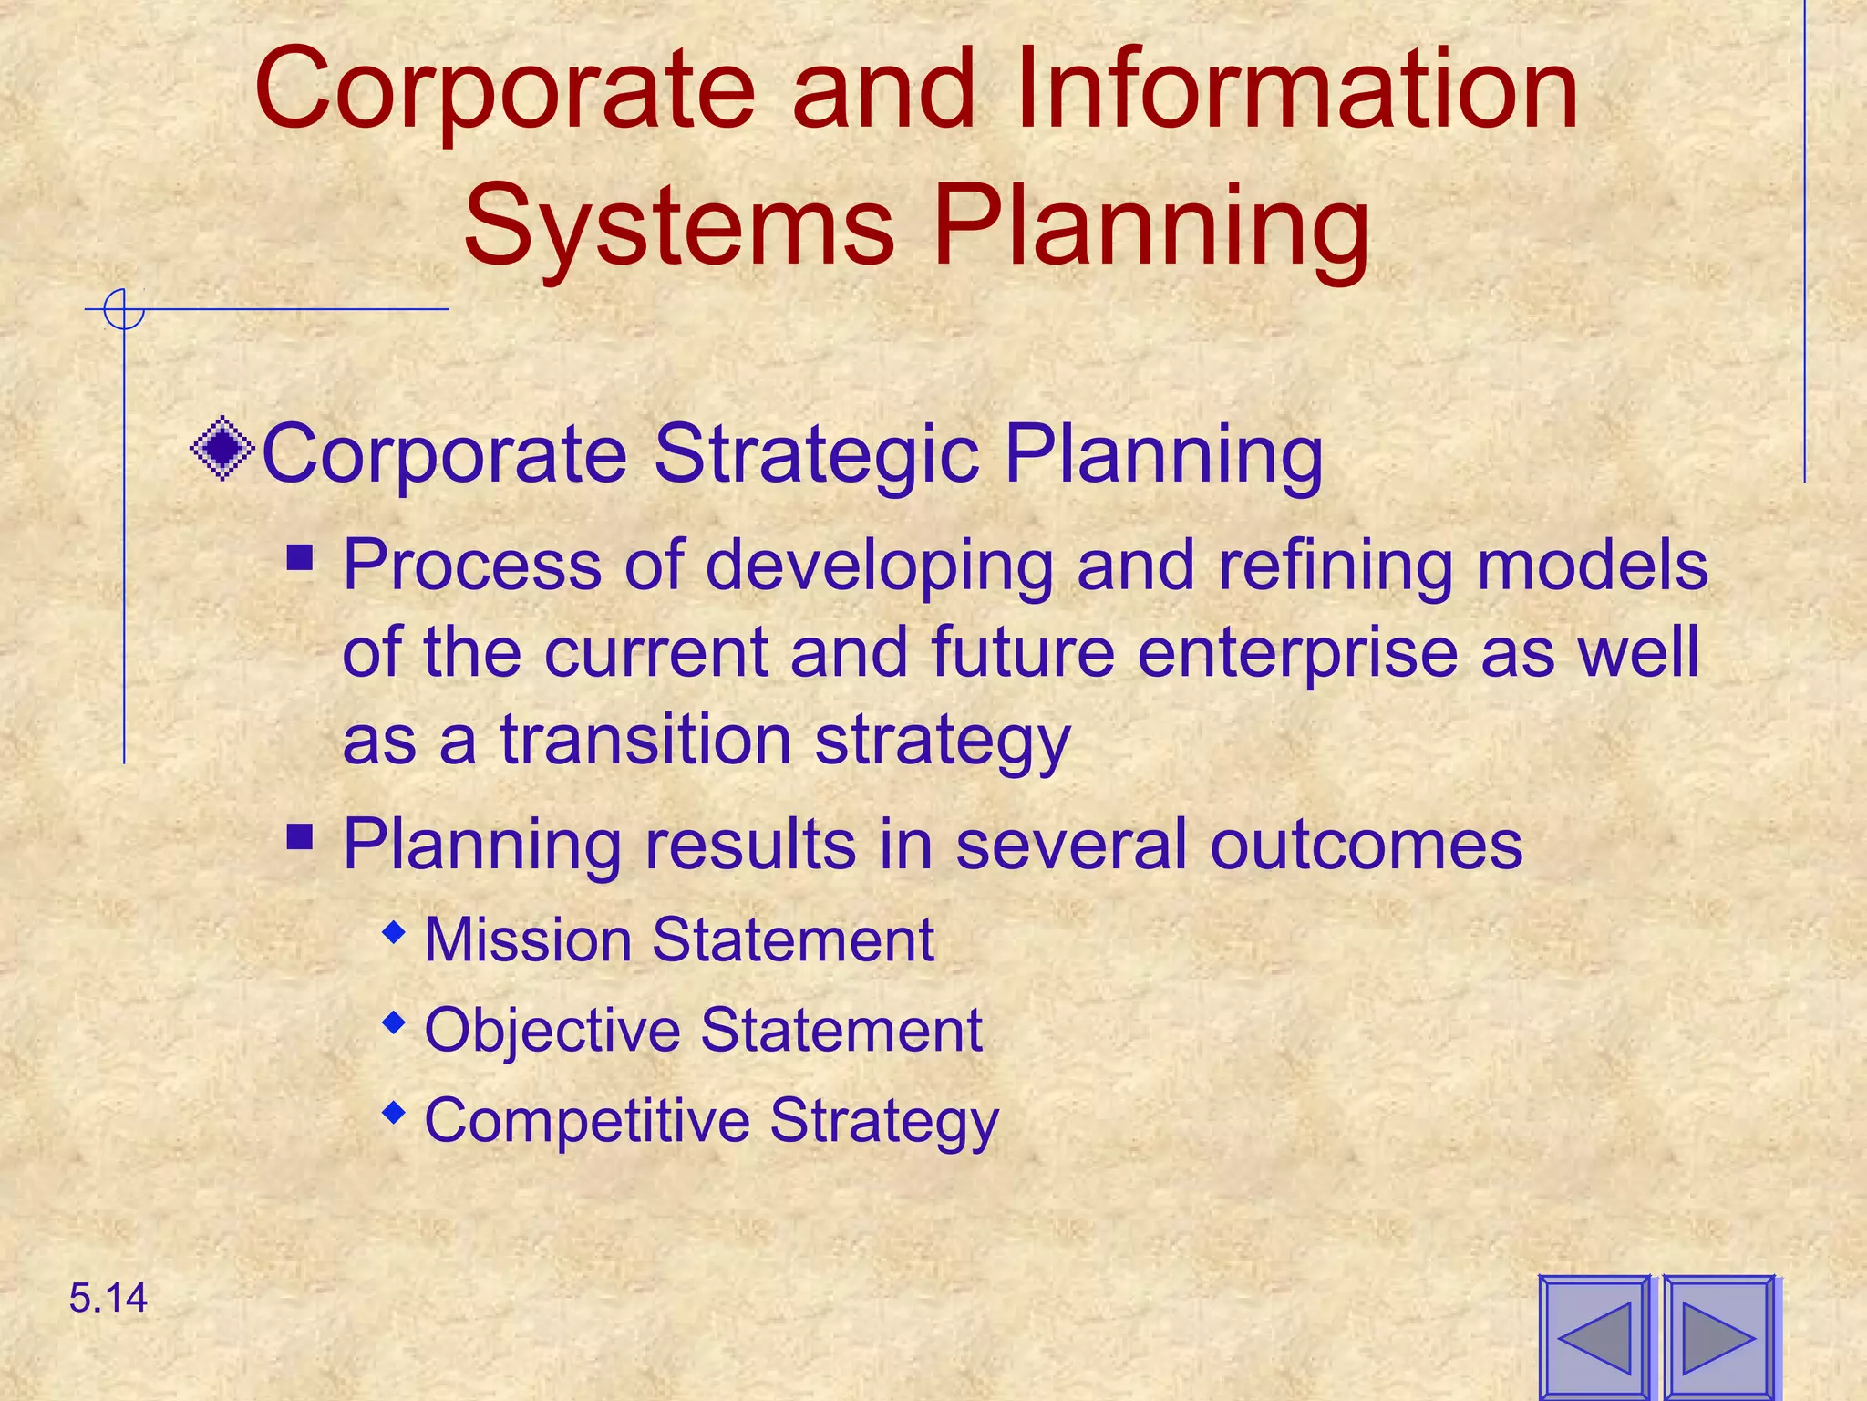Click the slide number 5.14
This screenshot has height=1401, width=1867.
click(108, 1298)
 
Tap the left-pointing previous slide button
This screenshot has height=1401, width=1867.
click(1594, 1338)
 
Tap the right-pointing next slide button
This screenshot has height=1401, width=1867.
click(1717, 1338)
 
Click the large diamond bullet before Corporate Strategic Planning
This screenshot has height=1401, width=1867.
click(222, 449)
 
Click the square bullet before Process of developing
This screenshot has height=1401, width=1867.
click(300, 557)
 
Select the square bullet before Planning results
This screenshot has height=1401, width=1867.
click(300, 836)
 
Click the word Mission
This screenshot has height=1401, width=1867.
click(528, 939)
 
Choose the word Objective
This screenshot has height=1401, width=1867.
click(552, 1031)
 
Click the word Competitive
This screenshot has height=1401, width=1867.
click(586, 1120)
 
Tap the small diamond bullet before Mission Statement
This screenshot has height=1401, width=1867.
click(394, 932)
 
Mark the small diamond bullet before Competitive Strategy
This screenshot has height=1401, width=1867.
click(394, 1113)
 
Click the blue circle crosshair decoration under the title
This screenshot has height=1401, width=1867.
click(123, 309)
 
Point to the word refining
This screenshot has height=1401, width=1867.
click(1336, 566)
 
